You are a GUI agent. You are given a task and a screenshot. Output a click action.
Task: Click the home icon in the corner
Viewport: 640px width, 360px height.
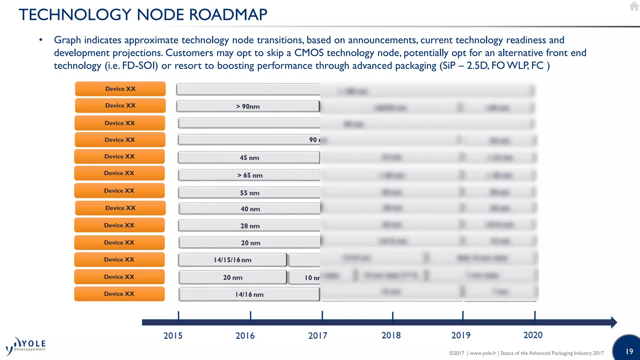[634, 6]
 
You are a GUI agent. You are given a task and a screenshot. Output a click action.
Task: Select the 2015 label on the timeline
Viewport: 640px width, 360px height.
[173, 336]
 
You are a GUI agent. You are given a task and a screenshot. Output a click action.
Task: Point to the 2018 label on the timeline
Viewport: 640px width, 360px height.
[391, 335]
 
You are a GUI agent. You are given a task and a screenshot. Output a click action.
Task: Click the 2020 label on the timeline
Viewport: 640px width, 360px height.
[533, 335]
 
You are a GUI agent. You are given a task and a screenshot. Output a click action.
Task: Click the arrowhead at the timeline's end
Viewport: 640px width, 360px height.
[614, 322]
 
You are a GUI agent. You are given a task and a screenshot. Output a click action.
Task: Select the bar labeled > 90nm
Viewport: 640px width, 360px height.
[248, 106]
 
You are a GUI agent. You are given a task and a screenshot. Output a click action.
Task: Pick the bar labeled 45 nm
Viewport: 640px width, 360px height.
[249, 157]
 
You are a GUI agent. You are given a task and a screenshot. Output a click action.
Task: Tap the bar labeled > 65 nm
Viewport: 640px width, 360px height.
[249, 175]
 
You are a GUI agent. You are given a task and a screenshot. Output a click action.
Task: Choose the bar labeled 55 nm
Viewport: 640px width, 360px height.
[249, 193]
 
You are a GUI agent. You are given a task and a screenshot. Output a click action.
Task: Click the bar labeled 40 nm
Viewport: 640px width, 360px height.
[250, 209]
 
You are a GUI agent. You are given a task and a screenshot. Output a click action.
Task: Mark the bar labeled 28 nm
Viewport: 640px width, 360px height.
[250, 226]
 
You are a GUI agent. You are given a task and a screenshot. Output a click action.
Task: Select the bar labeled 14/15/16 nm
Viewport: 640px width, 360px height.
[232, 260]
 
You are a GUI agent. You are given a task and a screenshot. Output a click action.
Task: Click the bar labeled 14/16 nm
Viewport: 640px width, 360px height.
[249, 294]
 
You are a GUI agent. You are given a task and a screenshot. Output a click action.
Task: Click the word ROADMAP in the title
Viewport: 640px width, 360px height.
[228, 15]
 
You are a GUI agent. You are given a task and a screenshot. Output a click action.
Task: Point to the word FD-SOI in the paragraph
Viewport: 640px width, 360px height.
[140, 66]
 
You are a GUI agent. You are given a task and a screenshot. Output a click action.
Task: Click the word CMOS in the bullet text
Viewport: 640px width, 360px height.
[309, 53]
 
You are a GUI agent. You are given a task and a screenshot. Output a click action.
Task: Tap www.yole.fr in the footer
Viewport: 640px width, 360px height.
[483, 353]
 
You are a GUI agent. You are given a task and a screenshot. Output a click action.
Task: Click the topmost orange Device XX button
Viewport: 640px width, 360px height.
[120, 89]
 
